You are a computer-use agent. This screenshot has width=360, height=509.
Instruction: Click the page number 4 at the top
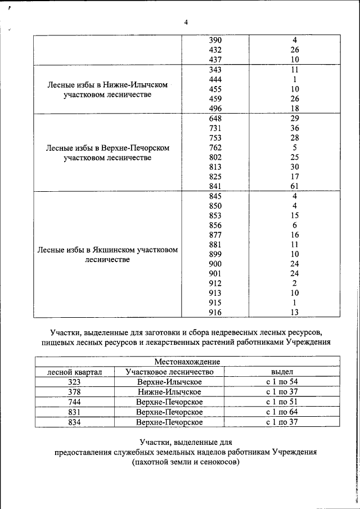tap(186, 22)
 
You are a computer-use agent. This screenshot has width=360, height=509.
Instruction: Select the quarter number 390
tap(215, 40)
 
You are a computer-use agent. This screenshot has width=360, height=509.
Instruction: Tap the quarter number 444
tap(215, 79)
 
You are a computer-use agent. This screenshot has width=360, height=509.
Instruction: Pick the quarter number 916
tap(215, 313)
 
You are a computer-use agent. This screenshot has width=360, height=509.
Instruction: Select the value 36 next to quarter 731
tap(294, 128)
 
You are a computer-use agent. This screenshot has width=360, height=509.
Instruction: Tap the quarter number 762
tap(215, 148)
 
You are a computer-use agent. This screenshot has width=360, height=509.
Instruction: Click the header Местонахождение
tap(187, 362)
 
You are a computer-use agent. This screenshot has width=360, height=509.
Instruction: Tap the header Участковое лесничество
tap(169, 372)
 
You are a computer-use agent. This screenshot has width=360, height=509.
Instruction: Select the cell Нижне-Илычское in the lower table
tap(169, 392)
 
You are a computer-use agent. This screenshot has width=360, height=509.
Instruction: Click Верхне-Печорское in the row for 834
tap(169, 422)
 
